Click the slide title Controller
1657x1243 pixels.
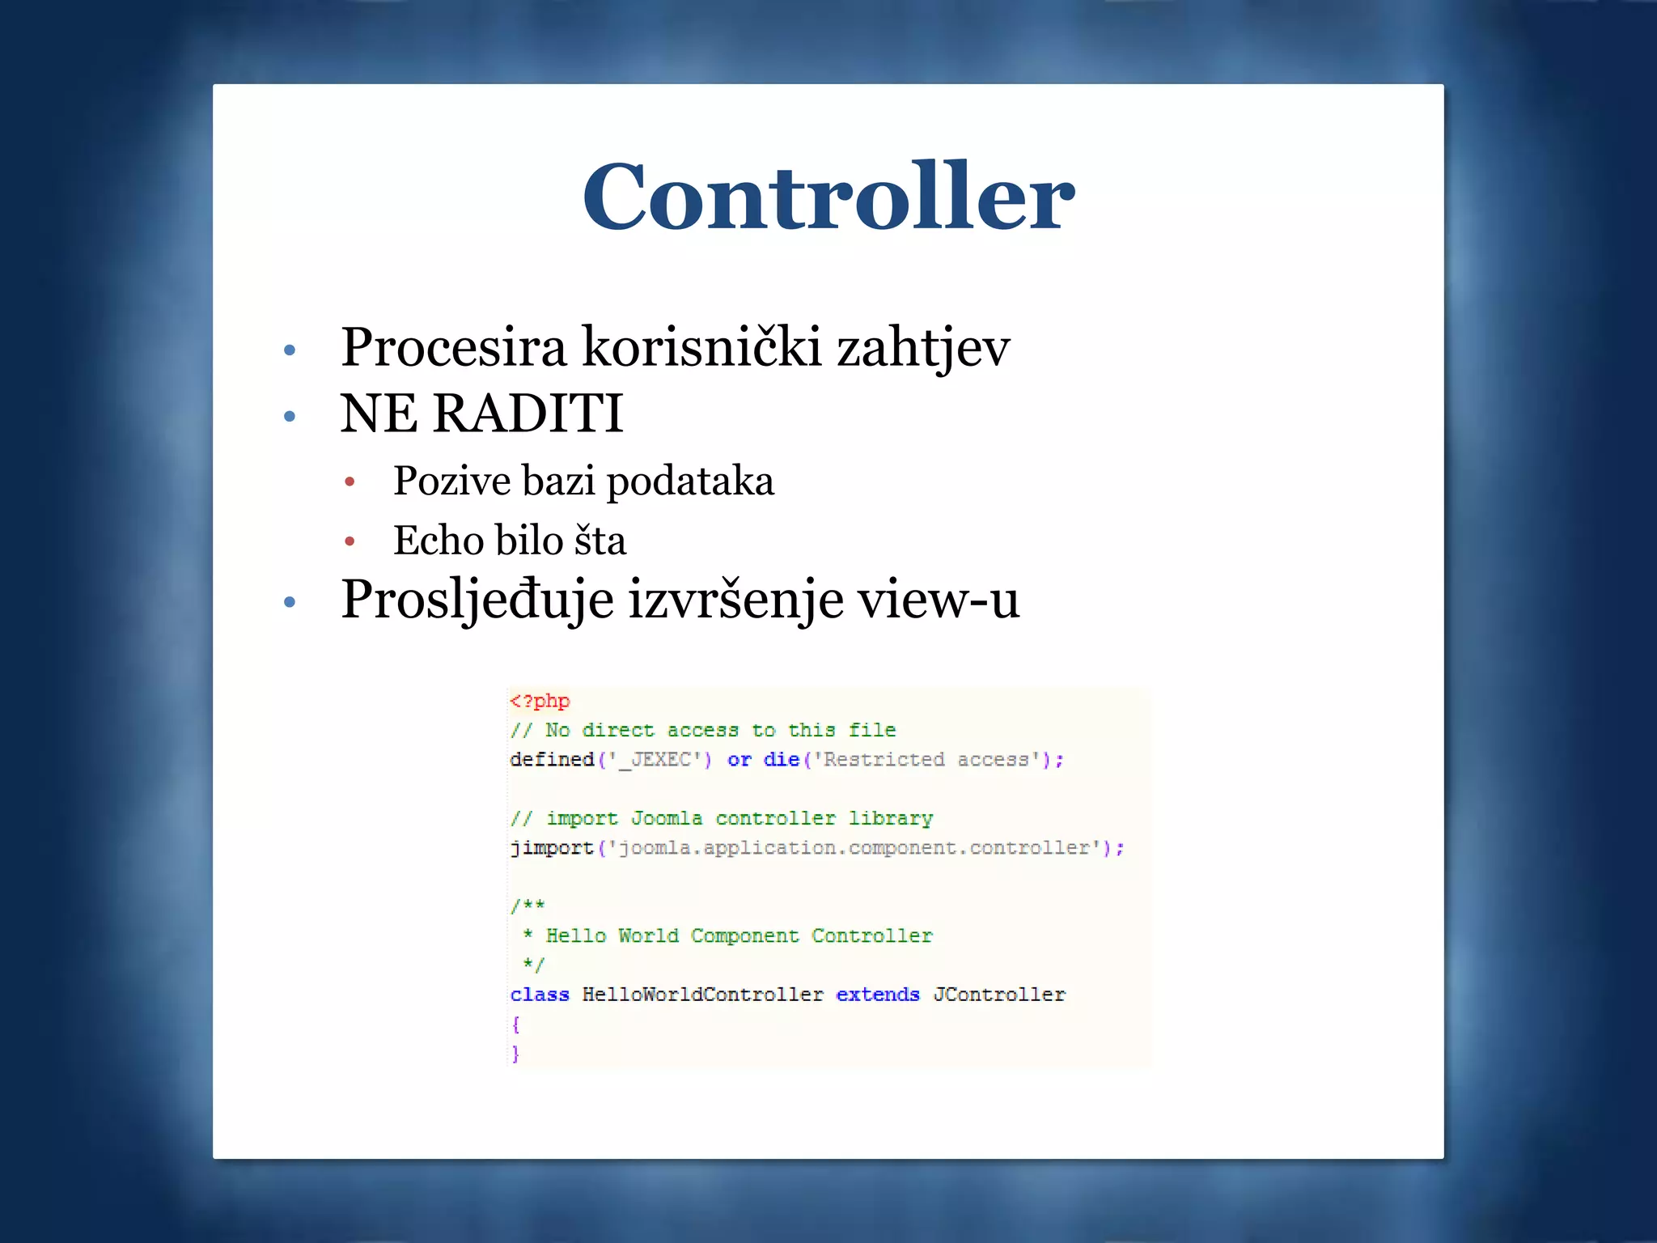point(828,197)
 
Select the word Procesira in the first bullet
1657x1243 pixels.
point(453,347)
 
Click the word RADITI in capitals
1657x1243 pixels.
point(528,414)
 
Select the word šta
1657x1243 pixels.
point(600,540)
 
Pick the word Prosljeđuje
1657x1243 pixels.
point(477,601)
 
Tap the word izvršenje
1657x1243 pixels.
point(735,601)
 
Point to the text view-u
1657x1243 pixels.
point(938,601)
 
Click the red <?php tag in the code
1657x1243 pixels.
point(540,701)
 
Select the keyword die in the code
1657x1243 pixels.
point(781,759)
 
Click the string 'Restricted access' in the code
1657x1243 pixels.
point(926,759)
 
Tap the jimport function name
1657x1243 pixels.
point(552,847)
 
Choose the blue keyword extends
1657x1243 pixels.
point(877,994)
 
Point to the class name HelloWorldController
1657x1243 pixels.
point(702,994)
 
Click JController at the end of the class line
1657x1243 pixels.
point(998,994)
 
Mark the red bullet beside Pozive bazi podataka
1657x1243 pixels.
point(350,482)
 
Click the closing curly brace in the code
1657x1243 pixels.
point(515,1053)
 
